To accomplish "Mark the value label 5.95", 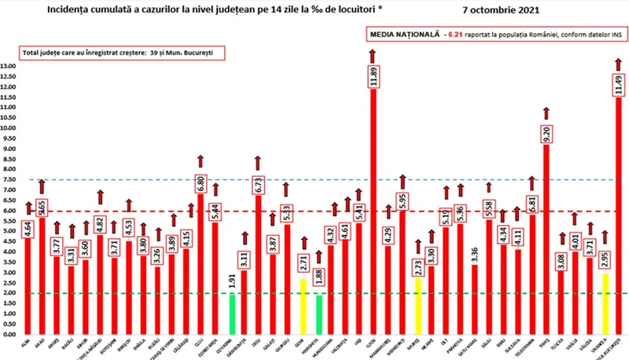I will click(x=403, y=201).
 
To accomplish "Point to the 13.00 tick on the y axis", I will click(x=10, y=66).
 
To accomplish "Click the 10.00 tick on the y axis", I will click(x=10, y=127).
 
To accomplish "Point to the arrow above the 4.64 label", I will click(x=29, y=208).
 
